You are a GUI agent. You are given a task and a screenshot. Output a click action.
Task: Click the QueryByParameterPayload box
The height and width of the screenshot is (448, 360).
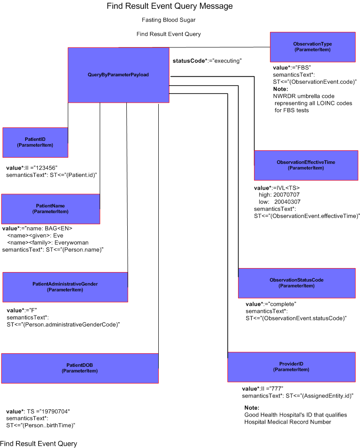coord(118,75)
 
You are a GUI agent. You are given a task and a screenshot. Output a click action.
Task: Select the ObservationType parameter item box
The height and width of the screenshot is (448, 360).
coord(313,47)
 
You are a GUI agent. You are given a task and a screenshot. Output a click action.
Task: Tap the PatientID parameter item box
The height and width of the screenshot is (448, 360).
coord(35,142)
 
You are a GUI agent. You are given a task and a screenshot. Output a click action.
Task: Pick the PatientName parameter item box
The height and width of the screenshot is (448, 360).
coord(51,209)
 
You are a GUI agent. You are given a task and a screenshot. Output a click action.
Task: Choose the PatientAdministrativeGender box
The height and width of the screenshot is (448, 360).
coord(65,287)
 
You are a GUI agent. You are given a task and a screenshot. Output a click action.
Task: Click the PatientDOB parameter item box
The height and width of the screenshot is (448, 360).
coord(80,368)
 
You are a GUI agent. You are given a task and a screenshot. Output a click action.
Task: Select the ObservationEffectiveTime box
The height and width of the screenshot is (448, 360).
coord(306,165)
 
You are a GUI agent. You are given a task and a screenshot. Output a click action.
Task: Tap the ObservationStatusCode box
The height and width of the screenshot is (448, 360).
coord(297,283)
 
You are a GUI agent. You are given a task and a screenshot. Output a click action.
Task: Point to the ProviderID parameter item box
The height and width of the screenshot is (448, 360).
coord(291,366)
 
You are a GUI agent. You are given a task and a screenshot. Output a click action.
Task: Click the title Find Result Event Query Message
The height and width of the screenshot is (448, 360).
coord(169,6)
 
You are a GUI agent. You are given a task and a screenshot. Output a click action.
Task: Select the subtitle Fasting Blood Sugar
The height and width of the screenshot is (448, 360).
coord(169,20)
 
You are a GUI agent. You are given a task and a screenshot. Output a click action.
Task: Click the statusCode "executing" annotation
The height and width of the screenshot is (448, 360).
coord(207,61)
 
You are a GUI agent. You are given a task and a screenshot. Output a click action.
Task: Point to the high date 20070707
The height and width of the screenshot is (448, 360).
coord(286,195)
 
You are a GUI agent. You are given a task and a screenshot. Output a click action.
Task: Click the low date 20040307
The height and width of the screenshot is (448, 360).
coord(287,202)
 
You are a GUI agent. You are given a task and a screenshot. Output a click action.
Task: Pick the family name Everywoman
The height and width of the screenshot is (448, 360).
coord(71,242)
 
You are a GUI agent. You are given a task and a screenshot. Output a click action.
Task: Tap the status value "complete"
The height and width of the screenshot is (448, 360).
coord(281,304)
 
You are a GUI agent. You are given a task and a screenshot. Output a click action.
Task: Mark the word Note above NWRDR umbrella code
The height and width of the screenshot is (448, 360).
coord(280,89)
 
